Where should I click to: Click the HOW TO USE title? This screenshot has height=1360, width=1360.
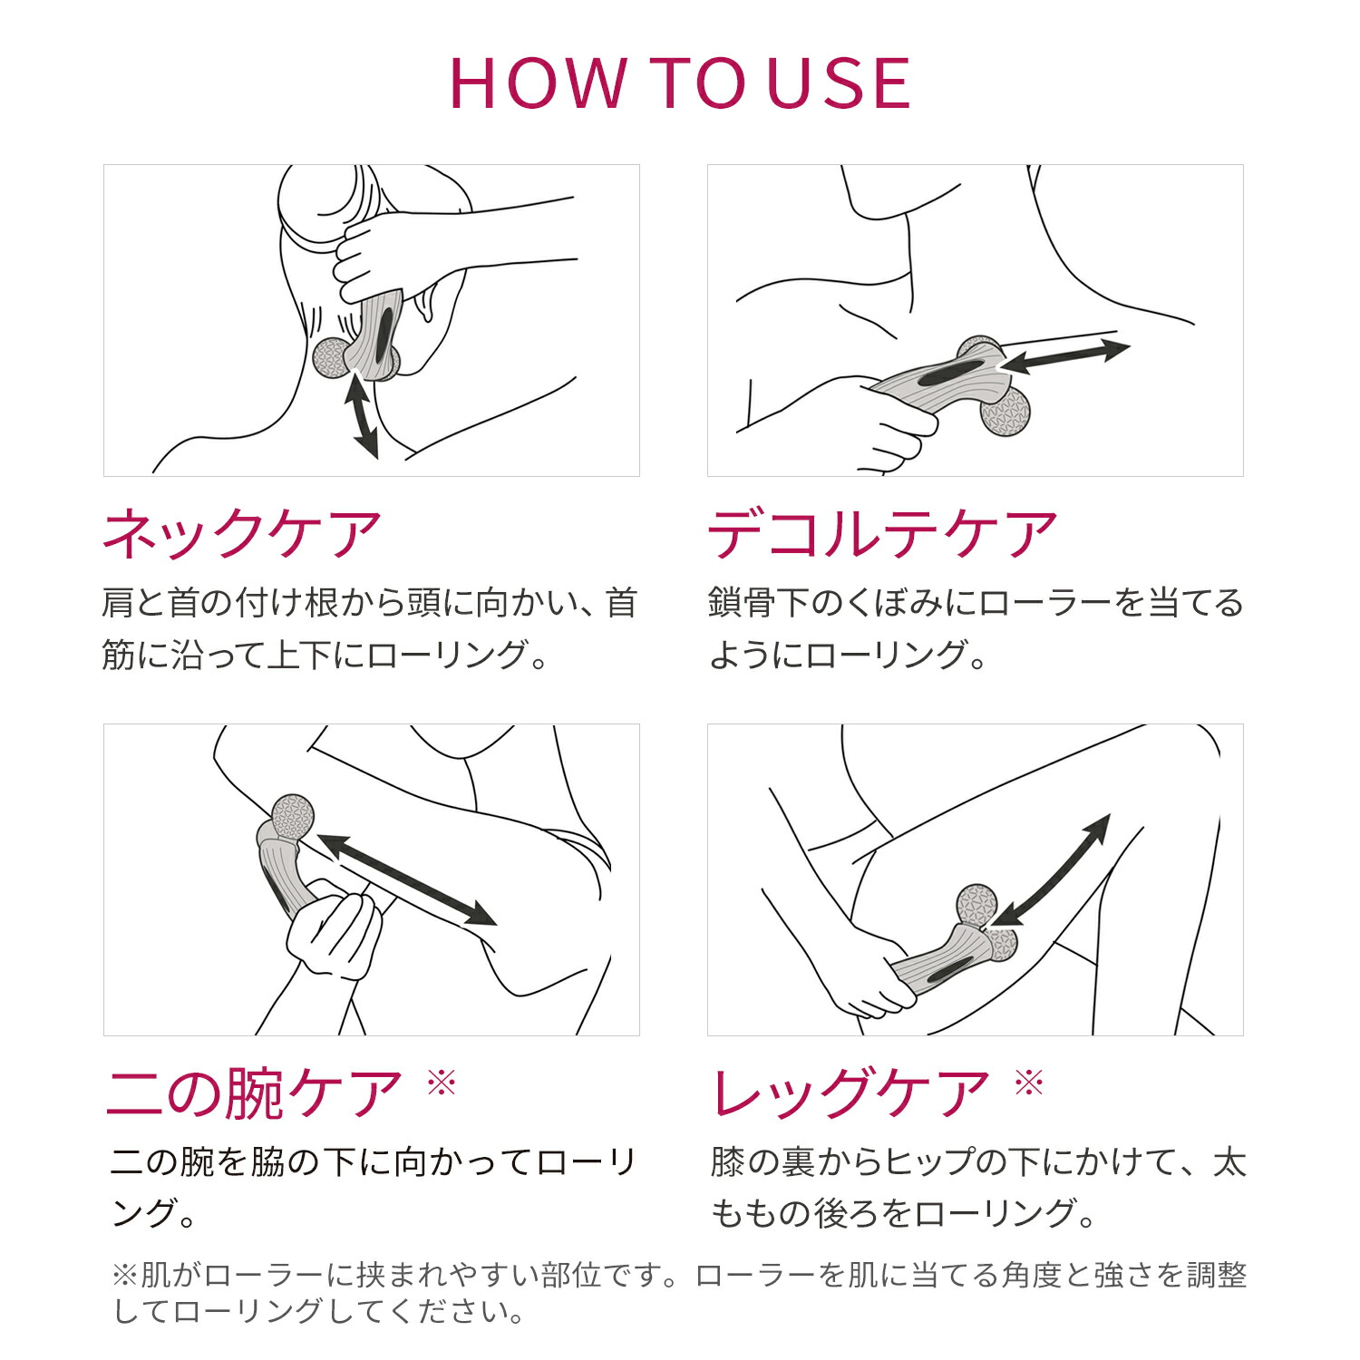click(680, 83)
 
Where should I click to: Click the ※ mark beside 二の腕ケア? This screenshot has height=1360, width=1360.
click(442, 1082)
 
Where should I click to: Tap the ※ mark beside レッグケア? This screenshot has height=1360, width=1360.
click(1029, 1082)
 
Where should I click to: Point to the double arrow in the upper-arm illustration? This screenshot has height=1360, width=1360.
click(406, 879)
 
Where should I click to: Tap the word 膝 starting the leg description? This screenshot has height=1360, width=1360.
click(727, 1161)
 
